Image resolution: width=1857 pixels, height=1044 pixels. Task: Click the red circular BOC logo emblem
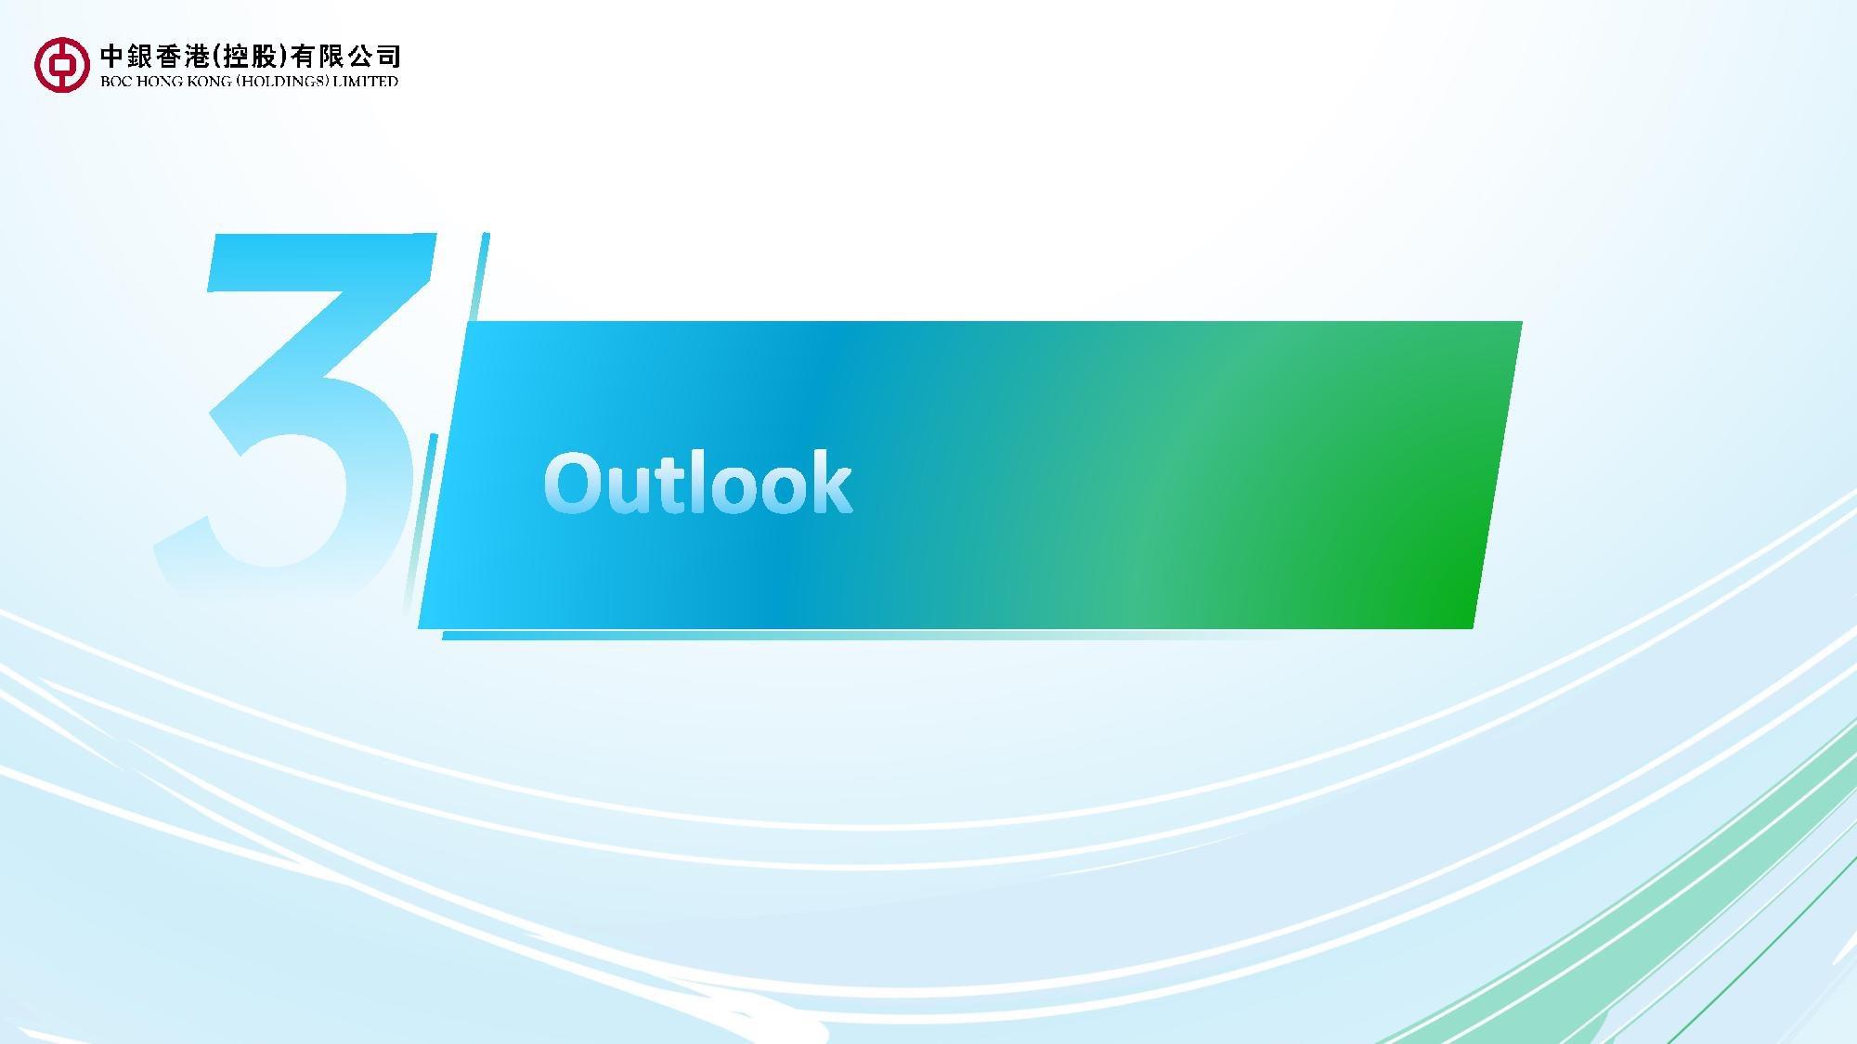tap(62, 64)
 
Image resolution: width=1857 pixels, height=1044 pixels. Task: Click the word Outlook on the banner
tap(697, 483)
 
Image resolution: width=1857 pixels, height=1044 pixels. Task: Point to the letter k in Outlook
tap(830, 481)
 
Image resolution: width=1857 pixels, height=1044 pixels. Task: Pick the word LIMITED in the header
tap(366, 82)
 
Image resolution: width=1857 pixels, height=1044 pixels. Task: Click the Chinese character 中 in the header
tap(111, 57)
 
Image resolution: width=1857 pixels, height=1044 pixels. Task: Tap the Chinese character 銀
tap(139, 57)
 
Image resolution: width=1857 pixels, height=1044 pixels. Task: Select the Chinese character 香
tap(168, 57)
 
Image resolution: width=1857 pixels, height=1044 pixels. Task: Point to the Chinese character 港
tap(197, 57)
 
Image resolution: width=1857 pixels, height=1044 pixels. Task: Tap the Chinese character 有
tap(302, 57)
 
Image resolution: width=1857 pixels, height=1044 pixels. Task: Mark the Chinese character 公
tap(359, 57)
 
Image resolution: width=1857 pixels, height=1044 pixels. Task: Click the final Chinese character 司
tap(388, 57)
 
